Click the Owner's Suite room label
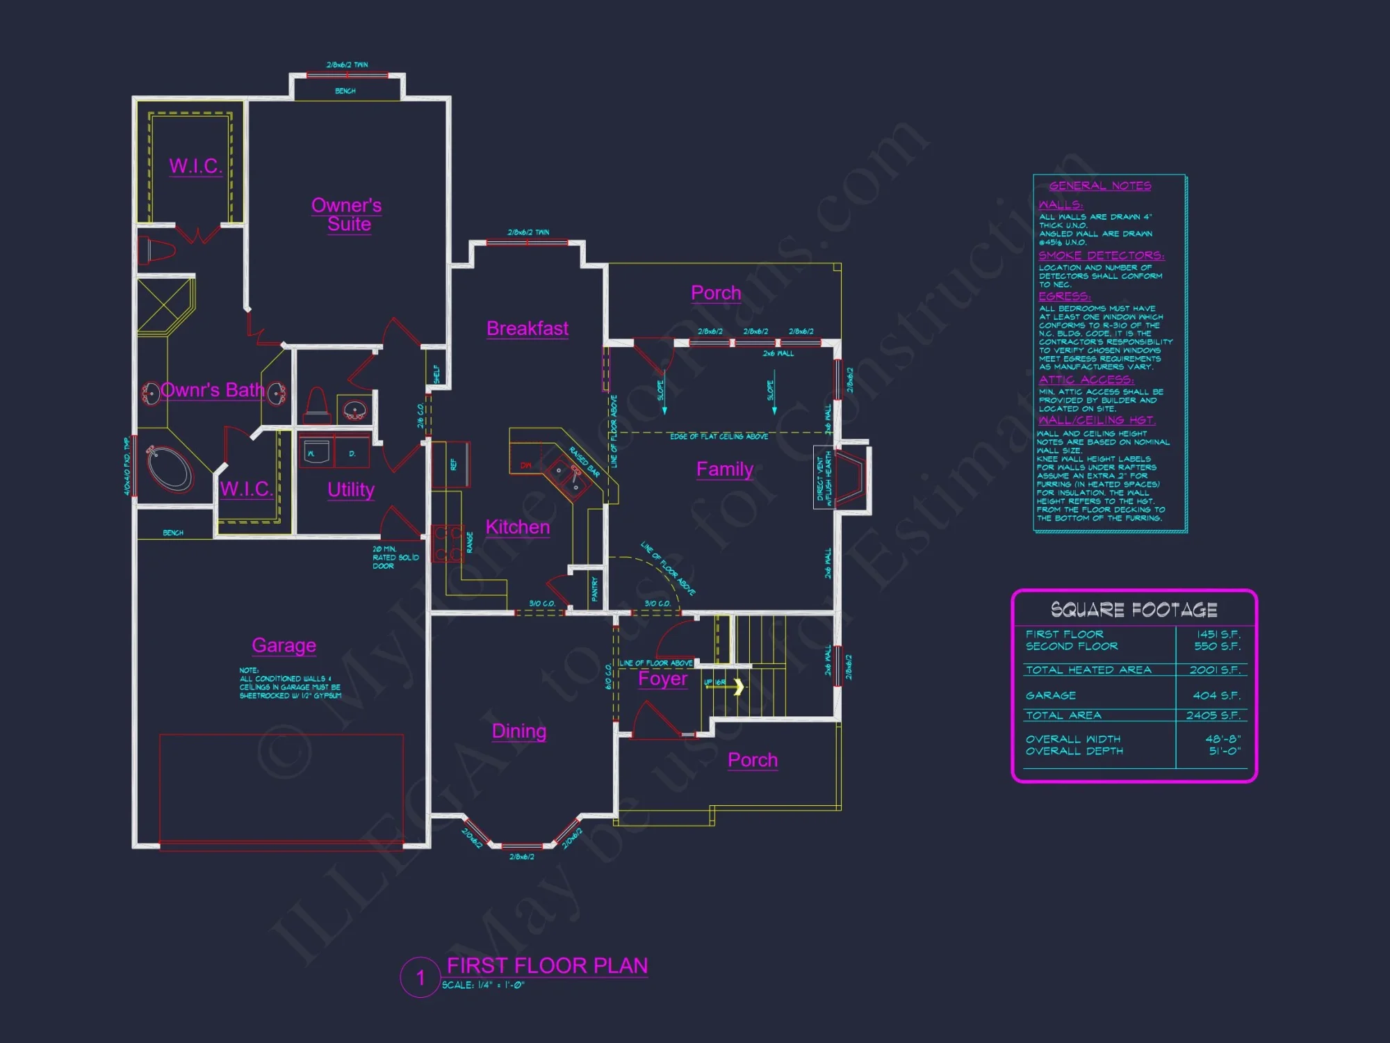point(347,215)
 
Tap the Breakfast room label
point(528,328)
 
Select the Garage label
point(284,645)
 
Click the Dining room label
point(519,731)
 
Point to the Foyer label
point(663,679)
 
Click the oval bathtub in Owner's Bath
point(169,468)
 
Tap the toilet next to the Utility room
point(317,405)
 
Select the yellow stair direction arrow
point(738,687)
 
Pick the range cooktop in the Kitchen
point(448,544)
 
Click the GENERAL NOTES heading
point(1100,186)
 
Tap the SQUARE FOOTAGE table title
point(1134,610)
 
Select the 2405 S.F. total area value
point(1213,715)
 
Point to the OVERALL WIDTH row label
point(1073,739)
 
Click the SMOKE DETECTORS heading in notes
point(1101,256)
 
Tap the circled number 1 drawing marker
point(420,977)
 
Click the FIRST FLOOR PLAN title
point(547,966)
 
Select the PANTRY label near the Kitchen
point(594,589)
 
